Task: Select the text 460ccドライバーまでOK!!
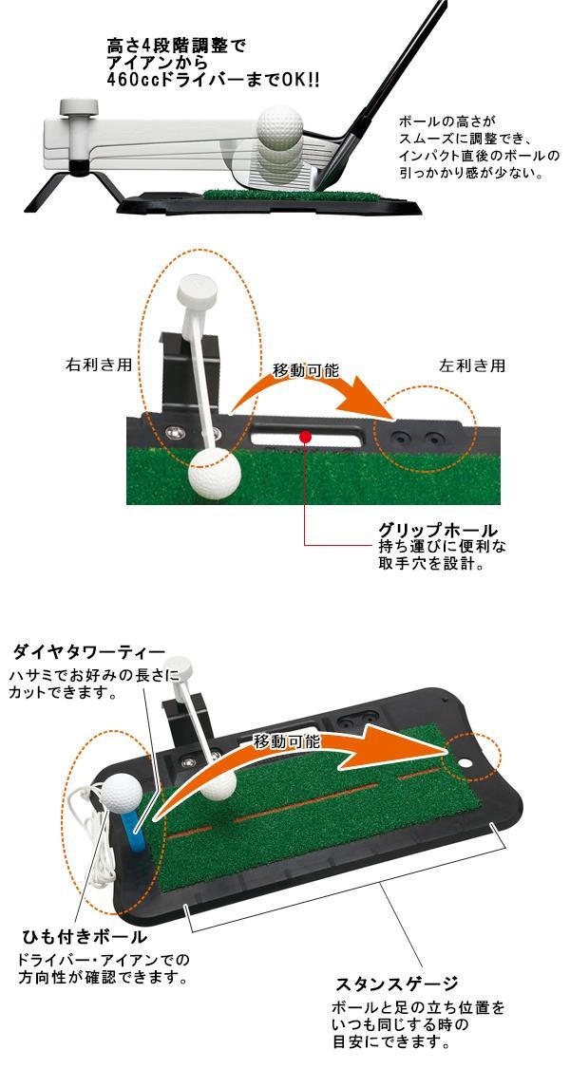(x=199, y=81)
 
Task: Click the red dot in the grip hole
(x=304, y=437)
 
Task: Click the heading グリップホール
(x=438, y=529)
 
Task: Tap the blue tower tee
(x=135, y=826)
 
